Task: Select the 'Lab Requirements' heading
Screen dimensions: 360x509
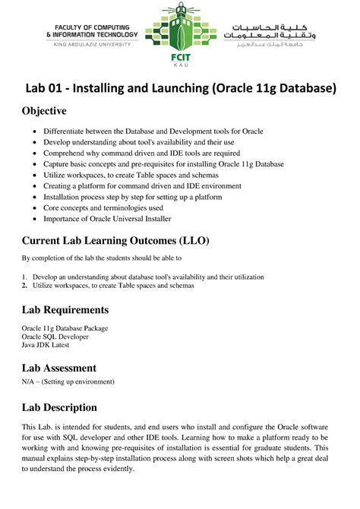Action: click(65, 310)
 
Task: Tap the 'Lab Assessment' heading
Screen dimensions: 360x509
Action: click(61, 368)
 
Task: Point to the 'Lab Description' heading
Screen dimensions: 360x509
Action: click(59, 407)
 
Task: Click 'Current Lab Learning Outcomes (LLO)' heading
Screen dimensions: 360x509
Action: click(115, 241)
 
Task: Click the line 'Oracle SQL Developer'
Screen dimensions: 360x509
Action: click(55, 336)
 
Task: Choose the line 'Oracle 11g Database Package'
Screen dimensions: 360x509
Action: click(65, 327)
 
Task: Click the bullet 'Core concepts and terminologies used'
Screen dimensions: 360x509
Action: click(114, 207)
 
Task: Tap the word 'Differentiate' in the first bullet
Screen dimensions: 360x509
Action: click(67, 131)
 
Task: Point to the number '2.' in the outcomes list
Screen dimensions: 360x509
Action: click(24, 286)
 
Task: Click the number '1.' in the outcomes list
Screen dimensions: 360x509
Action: click(24, 277)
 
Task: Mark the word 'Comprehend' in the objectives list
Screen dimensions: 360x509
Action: click(66, 153)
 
